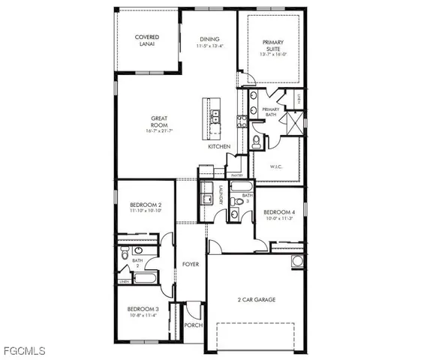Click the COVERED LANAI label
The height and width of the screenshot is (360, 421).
click(146, 40)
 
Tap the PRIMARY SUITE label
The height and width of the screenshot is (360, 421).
click(271, 47)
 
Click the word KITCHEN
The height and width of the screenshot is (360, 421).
click(219, 147)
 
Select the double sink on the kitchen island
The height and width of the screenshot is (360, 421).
click(215, 116)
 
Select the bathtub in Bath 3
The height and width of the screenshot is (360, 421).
click(241, 186)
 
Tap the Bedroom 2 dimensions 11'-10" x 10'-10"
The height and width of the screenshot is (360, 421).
click(146, 211)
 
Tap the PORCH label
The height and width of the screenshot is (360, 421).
click(193, 325)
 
